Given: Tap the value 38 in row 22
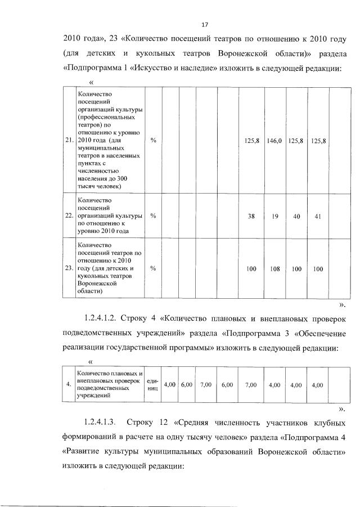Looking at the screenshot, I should click(x=251, y=216).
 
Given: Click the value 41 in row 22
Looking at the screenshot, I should click(x=318, y=216).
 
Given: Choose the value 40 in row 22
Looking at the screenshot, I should click(x=296, y=216).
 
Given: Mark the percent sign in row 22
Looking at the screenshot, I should click(x=153, y=216).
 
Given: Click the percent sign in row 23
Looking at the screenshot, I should click(x=153, y=269).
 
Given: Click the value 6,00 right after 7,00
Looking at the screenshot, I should click(x=227, y=385).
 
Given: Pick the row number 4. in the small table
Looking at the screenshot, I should click(x=68, y=385).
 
